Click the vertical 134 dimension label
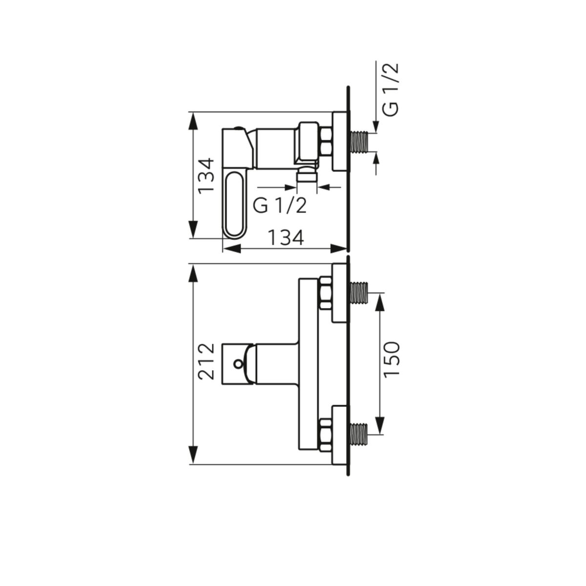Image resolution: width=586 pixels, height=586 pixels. coord(207,176)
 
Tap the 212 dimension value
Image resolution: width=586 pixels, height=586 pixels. coord(207,361)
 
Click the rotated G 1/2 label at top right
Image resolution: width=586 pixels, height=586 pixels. coord(391,90)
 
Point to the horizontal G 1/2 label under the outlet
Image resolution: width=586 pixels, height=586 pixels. coord(279,206)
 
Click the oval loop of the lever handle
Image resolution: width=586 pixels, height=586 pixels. coord(234,204)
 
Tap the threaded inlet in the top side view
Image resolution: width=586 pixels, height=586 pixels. coord(359,142)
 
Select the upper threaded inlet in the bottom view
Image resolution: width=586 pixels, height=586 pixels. coord(359,293)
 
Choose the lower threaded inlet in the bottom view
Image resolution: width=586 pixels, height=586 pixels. coord(359,435)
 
